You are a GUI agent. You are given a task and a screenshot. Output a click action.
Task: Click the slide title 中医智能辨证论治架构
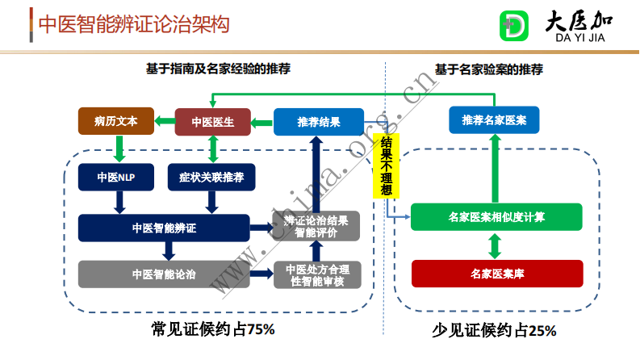click(134, 24)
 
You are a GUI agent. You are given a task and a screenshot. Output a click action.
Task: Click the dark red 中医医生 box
click(212, 122)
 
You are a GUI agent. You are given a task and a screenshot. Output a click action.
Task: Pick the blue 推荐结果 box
click(319, 122)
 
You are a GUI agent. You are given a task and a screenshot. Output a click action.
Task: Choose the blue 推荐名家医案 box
click(494, 120)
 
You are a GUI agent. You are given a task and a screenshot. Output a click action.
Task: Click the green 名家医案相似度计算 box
click(496, 217)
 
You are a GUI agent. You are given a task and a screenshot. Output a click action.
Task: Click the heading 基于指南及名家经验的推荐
click(218, 69)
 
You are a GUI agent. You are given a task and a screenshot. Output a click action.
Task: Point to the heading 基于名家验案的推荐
click(489, 69)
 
